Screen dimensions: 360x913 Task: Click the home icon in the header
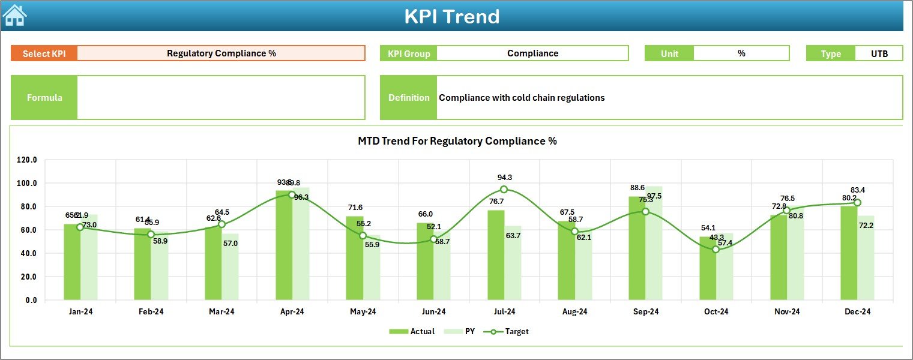pyautogui.click(x=14, y=16)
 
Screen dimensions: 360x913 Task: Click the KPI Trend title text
pyautogui.click(x=451, y=16)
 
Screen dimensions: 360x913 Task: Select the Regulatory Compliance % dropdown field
pyautogui.click(x=221, y=53)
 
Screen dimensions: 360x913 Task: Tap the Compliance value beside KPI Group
pyautogui.click(x=532, y=53)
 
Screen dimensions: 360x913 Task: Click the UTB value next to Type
pyautogui.click(x=879, y=53)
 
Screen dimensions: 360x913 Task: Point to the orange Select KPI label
pyautogui.click(x=44, y=53)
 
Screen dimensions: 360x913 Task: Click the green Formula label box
pyautogui.click(x=44, y=97)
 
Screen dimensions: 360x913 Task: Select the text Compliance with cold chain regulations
pyautogui.click(x=522, y=97)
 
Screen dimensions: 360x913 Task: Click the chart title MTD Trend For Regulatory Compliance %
pyautogui.click(x=457, y=141)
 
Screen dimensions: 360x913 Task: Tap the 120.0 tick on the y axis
pyautogui.click(x=27, y=160)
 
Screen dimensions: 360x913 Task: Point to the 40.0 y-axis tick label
pyautogui.click(x=27, y=253)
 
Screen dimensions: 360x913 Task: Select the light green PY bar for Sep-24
pyautogui.click(x=654, y=243)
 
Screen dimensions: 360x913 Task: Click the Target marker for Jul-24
pyautogui.click(x=504, y=190)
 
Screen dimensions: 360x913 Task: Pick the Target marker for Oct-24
pyautogui.click(x=716, y=249)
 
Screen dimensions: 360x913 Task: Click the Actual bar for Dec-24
pyautogui.click(x=849, y=253)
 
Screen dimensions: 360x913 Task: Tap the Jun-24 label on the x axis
pyautogui.click(x=433, y=311)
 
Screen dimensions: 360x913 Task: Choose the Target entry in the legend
pyautogui.click(x=510, y=331)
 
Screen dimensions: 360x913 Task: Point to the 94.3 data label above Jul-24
pyautogui.click(x=505, y=178)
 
